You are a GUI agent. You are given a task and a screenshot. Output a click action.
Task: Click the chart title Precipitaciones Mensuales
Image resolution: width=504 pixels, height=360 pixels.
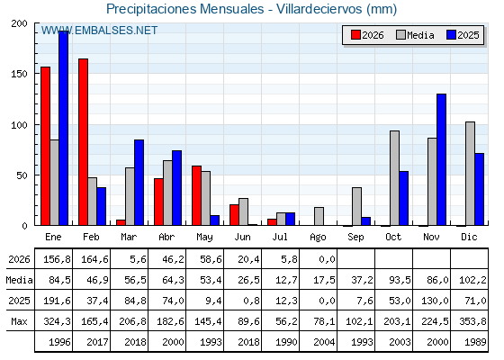tap(184, 9)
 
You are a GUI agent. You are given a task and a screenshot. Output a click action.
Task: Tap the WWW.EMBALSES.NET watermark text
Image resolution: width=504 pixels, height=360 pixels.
tap(99, 31)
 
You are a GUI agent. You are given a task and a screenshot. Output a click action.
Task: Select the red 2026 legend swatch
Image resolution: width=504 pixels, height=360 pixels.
tap(355, 35)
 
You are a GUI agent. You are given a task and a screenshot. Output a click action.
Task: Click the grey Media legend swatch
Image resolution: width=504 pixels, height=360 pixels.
tap(400, 35)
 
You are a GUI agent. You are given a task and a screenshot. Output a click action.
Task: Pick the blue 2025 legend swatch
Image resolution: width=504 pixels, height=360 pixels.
tap(451, 35)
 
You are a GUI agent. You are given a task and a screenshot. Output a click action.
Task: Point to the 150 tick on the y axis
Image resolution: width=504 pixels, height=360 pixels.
tap(19, 74)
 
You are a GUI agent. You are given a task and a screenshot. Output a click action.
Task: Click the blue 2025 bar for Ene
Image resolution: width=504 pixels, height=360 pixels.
tap(63, 128)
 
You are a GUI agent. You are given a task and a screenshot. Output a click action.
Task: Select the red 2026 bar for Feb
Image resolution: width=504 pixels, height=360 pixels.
tap(83, 142)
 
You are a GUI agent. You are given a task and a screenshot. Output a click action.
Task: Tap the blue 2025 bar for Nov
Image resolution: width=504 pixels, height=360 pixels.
tap(441, 159)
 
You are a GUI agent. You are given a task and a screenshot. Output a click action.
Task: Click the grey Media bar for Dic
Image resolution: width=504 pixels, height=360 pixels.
tap(470, 174)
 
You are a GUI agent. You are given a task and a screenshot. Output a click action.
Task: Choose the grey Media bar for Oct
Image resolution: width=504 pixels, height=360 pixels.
tap(394, 178)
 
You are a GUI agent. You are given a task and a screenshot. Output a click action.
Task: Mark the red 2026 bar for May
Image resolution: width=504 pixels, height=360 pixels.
tap(196, 195)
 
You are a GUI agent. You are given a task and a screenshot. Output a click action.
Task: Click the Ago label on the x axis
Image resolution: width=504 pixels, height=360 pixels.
tap(318, 238)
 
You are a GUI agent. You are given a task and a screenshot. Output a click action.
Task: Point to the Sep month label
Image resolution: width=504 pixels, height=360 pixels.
tap(355, 238)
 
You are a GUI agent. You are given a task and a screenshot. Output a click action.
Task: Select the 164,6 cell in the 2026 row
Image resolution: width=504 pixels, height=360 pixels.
tap(94, 259)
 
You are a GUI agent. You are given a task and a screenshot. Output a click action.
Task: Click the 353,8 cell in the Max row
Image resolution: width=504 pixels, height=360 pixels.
tap(472, 321)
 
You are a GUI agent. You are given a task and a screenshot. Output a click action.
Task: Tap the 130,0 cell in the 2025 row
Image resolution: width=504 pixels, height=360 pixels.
tap(435, 301)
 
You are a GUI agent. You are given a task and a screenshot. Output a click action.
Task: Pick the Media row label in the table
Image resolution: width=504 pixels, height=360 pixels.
tap(19, 280)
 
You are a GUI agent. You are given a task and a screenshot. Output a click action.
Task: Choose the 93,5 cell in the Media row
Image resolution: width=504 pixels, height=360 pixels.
tap(400, 280)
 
